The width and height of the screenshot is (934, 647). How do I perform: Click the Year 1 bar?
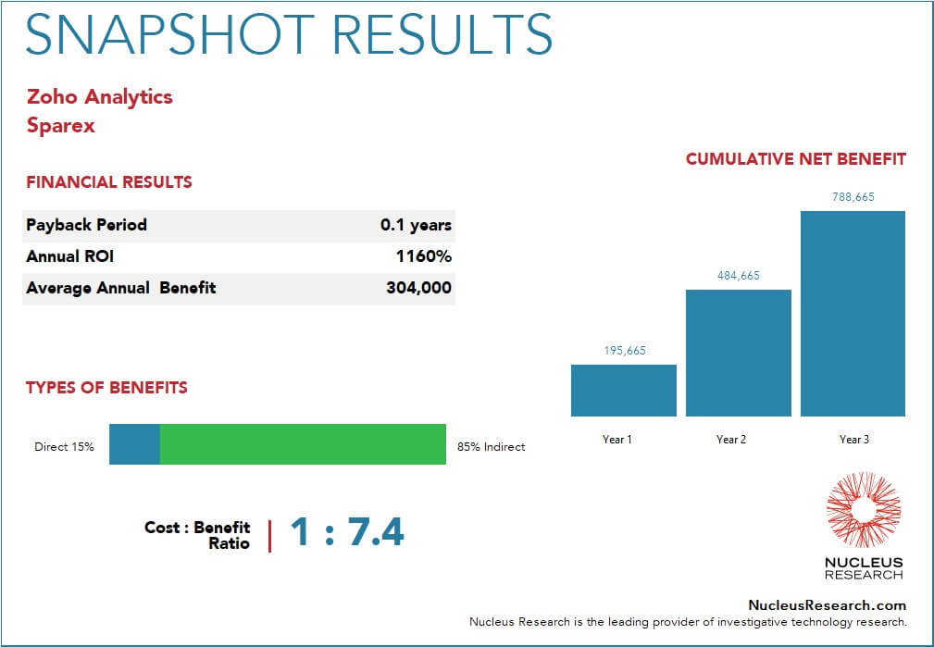pos(623,390)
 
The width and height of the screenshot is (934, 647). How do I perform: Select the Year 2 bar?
pos(738,353)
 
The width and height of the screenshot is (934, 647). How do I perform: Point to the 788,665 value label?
pos(853,196)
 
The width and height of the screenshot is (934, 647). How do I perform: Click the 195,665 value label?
pos(623,350)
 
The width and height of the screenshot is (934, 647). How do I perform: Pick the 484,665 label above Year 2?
pos(738,275)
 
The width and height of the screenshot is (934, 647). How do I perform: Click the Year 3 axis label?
pos(853,439)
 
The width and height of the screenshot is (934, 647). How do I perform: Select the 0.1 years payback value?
pos(416,225)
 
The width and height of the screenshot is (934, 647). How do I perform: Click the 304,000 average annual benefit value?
pos(418,288)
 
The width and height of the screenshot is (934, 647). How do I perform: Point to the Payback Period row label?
pos(86,225)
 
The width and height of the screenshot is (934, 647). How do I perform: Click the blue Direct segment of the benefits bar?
pos(134,444)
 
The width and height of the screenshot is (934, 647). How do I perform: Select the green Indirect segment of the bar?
pos(303,444)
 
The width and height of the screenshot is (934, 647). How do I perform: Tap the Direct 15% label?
pos(64,446)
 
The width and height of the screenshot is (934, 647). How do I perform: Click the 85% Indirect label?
pos(491,446)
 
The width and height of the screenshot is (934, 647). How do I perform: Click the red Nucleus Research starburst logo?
pos(863,510)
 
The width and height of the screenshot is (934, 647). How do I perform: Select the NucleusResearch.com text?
pos(827,604)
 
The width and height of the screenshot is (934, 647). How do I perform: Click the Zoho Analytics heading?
pos(100,96)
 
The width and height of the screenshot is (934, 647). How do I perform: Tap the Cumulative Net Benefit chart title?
pos(795,159)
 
